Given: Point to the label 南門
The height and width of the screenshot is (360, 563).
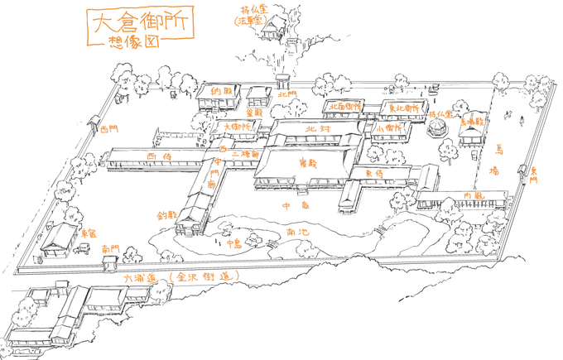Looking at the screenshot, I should click(110, 248).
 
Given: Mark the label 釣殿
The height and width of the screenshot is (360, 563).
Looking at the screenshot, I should click(167, 214).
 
